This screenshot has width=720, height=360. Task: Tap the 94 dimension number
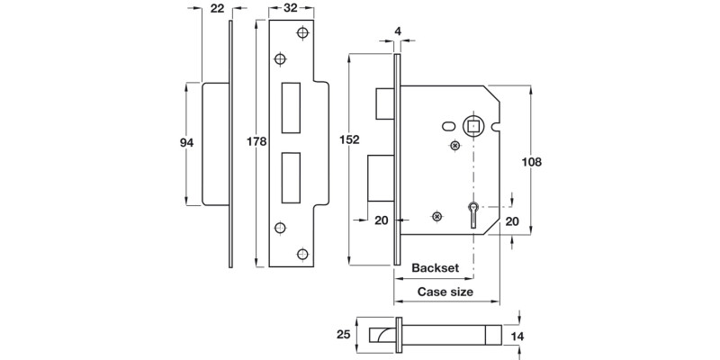tap(187, 141)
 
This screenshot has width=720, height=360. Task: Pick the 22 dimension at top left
tap(217, 8)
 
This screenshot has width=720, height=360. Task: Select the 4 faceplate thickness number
tap(397, 32)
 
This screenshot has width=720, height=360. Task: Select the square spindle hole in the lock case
tap(472, 125)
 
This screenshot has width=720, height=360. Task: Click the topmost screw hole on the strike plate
tap(301, 33)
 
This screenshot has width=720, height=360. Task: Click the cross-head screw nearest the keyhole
tap(437, 216)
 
